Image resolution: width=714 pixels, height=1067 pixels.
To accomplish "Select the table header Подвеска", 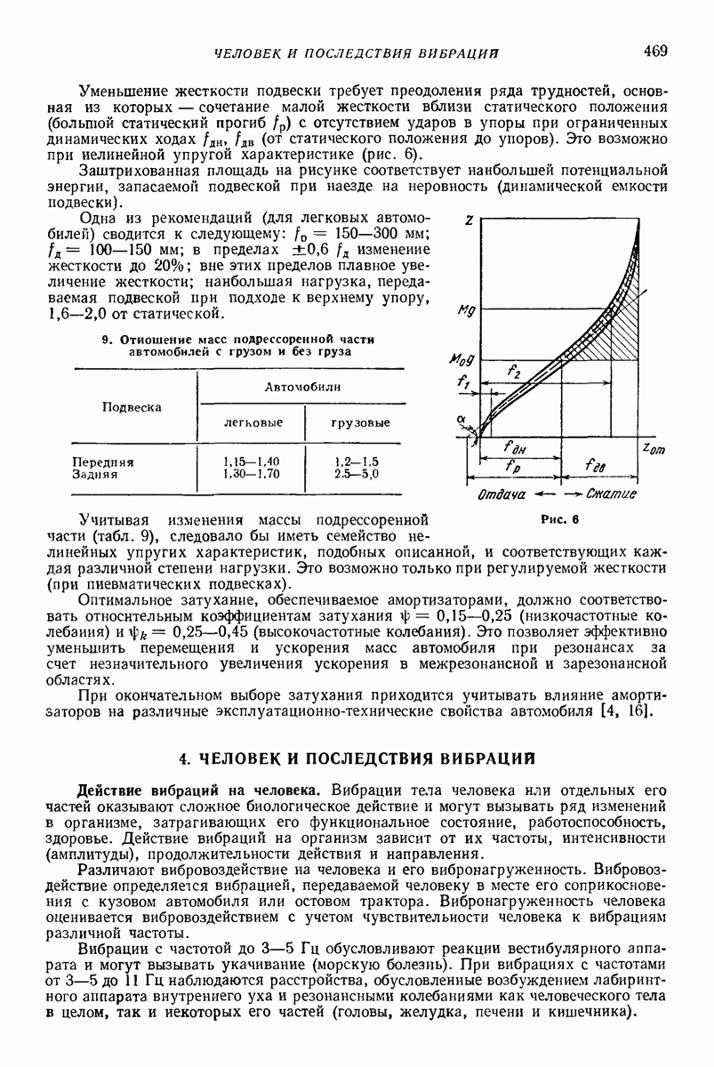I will point(132,406).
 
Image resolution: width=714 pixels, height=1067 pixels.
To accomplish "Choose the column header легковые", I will point(252,421).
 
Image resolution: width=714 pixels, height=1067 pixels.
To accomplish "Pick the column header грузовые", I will point(354,421).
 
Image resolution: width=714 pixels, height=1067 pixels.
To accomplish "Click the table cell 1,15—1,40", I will point(252,461).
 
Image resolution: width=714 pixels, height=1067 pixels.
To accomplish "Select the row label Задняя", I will point(95,474).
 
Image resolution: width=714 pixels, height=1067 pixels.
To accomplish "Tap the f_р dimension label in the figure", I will point(513,466).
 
